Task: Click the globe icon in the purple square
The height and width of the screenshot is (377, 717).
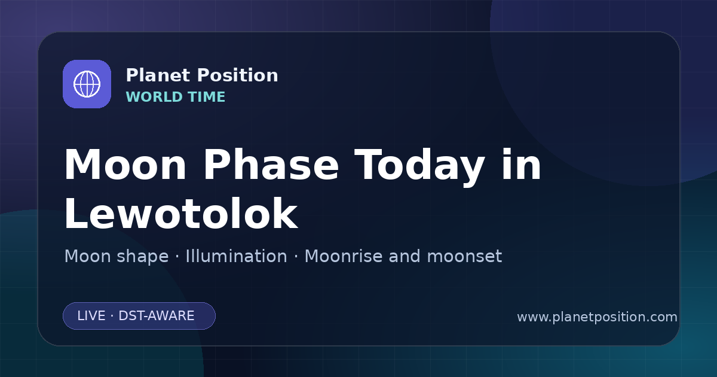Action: pyautogui.click(x=87, y=84)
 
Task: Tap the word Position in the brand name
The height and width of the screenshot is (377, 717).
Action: pyautogui.click(x=238, y=75)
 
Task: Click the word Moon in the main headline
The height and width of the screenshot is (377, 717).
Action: pyautogui.click(x=125, y=165)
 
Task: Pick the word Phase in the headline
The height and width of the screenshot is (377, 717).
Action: pyautogui.click(x=271, y=165)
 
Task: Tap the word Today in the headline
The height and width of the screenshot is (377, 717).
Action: pyautogui.click(x=419, y=167)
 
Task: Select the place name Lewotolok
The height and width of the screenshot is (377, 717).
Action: pyautogui.click(x=181, y=213)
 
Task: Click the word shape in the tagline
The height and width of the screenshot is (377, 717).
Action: pyautogui.click(x=142, y=257)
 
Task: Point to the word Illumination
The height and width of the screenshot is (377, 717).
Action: pyautogui.click(x=236, y=256)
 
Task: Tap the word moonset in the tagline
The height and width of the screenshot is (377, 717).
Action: pyautogui.click(x=464, y=257)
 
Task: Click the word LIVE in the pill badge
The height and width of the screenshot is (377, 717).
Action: pyautogui.click(x=91, y=316)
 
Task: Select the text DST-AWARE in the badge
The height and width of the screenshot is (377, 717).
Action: pyautogui.click(x=157, y=316)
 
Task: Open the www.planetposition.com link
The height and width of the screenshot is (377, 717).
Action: pyautogui.click(x=597, y=317)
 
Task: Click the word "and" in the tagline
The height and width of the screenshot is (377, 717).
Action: pyautogui.click(x=404, y=256)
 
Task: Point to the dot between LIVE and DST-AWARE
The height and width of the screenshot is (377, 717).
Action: pyautogui.click(x=112, y=316)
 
